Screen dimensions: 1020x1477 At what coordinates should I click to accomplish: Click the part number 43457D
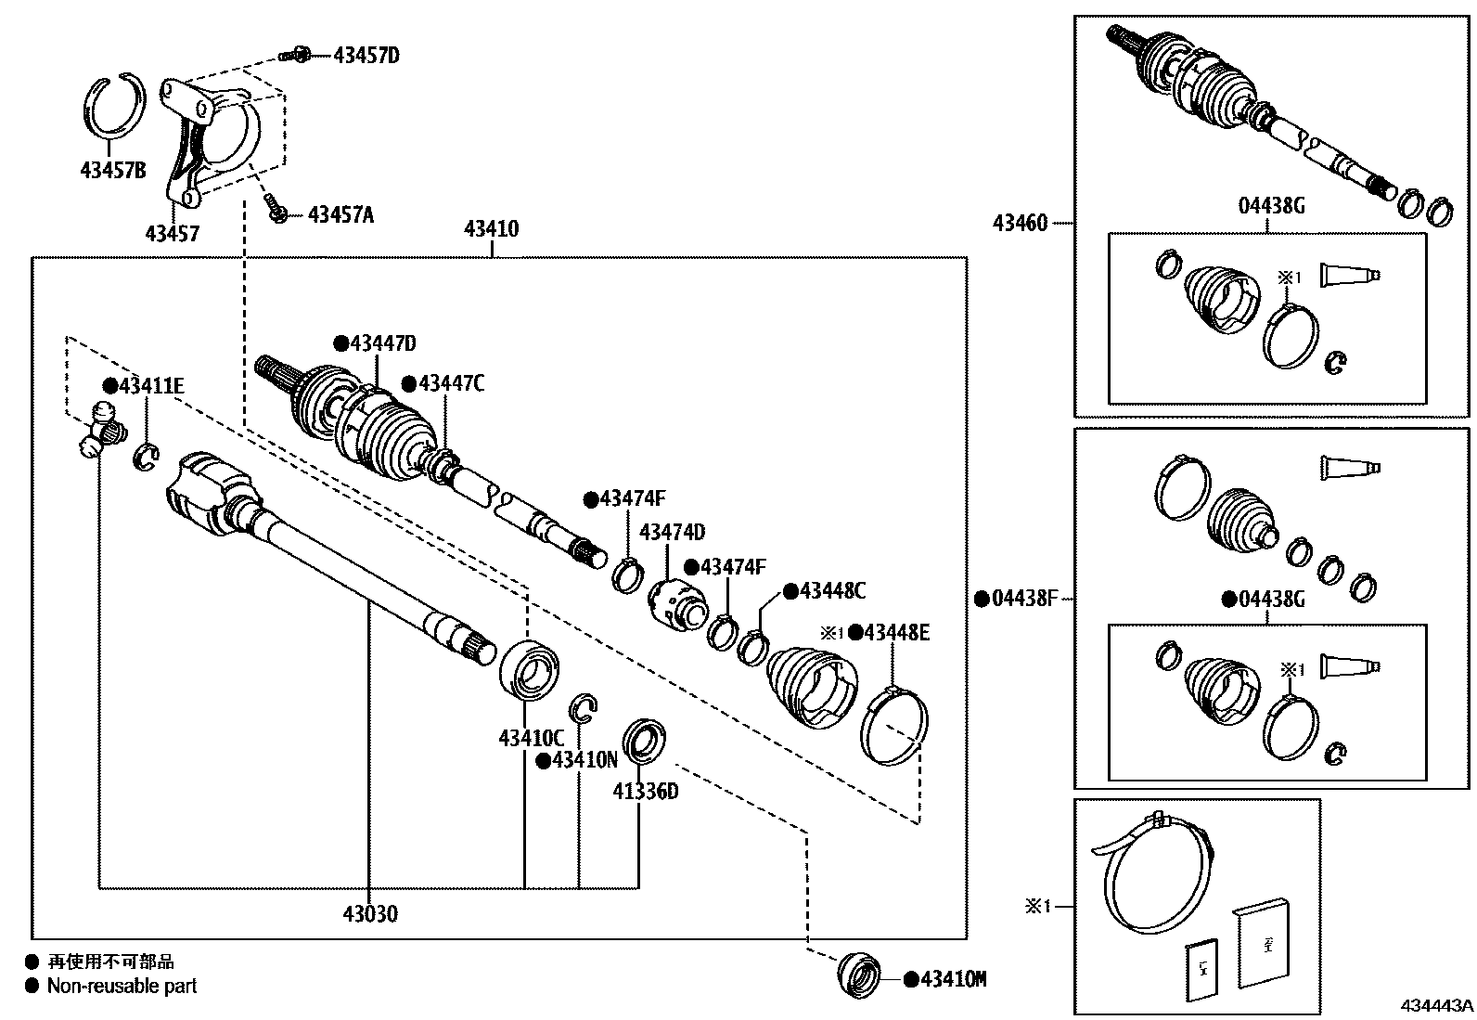tap(366, 56)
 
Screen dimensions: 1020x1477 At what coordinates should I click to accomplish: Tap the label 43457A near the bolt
tap(340, 215)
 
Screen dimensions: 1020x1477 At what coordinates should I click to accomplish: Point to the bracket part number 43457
tap(172, 233)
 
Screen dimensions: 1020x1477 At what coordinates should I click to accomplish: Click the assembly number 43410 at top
tap(491, 229)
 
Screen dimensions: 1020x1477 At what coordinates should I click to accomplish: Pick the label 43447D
tap(382, 344)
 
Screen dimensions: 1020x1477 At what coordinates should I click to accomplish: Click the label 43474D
tap(672, 533)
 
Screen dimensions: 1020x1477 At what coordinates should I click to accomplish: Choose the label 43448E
tap(895, 633)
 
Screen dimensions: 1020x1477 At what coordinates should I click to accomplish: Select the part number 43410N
tap(584, 761)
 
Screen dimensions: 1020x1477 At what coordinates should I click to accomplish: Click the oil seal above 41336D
tap(640, 740)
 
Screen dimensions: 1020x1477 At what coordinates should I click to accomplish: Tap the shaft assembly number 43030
tap(369, 914)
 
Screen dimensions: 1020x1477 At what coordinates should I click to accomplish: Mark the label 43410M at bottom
tap(953, 979)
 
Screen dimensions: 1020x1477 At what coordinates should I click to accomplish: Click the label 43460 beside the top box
tap(1020, 224)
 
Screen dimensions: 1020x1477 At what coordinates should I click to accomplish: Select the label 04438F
tap(1024, 600)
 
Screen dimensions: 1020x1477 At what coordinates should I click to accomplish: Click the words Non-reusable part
tap(122, 987)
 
